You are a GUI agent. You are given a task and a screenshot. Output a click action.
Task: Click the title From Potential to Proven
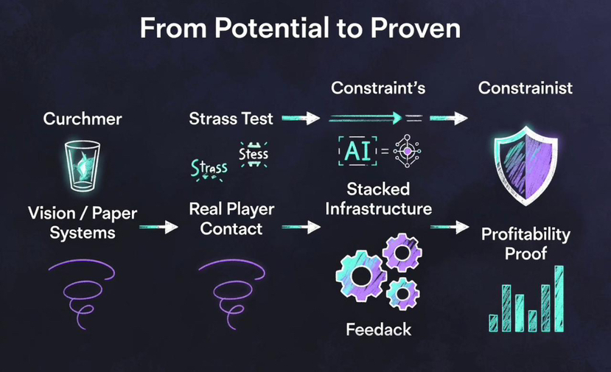pyautogui.click(x=300, y=29)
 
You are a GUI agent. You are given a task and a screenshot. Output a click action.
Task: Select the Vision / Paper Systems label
pyautogui.click(x=83, y=222)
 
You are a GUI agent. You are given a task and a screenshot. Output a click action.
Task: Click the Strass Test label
pyautogui.click(x=231, y=118)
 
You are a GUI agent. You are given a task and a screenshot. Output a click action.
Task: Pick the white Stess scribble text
pyautogui.click(x=254, y=155)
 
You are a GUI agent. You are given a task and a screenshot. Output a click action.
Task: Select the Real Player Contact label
pyautogui.click(x=231, y=218)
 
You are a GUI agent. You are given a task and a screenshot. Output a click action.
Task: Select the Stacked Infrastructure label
pyautogui.click(x=379, y=198)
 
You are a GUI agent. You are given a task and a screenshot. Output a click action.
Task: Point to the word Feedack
pyautogui.click(x=379, y=329)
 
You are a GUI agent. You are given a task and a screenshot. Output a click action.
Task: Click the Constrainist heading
pyautogui.click(x=526, y=88)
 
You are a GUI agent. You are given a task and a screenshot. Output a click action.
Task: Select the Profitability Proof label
pyautogui.click(x=526, y=244)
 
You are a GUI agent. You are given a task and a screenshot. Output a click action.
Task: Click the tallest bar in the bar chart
pyautogui.click(x=559, y=298)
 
